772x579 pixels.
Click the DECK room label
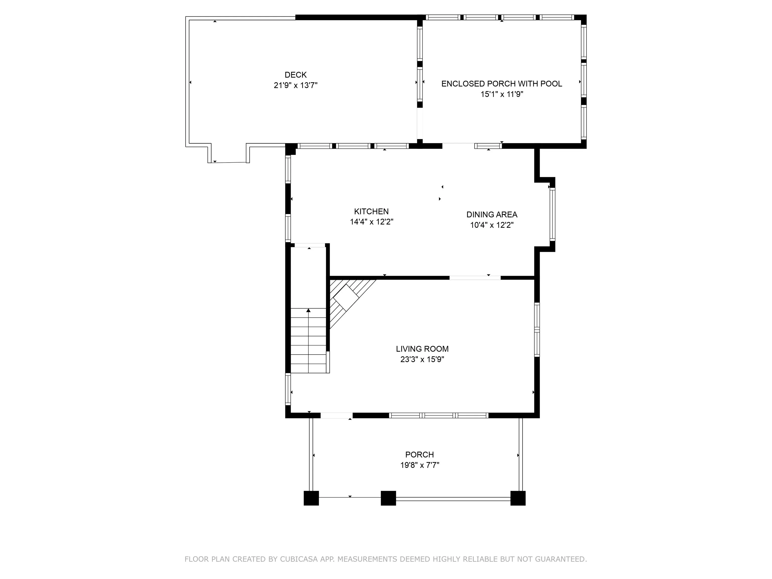[296, 75]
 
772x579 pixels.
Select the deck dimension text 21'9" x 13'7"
[296, 85]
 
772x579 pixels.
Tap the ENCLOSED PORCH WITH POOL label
[502, 84]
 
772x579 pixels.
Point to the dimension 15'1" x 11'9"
[502, 94]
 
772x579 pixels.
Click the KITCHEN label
[371, 212]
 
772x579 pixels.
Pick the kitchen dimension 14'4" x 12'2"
[372, 222]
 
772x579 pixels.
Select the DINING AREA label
[492, 215]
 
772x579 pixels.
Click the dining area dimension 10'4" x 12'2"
[492, 225]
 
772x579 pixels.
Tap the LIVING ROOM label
[422, 349]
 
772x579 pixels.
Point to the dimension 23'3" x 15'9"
[422, 359]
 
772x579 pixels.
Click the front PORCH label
[419, 454]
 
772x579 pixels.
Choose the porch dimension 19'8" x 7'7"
[419, 465]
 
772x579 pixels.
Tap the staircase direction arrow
[309, 340]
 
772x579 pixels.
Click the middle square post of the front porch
[388, 498]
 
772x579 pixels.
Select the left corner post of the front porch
[311, 498]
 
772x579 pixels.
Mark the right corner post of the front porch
[518, 498]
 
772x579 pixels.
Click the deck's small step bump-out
[229, 154]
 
